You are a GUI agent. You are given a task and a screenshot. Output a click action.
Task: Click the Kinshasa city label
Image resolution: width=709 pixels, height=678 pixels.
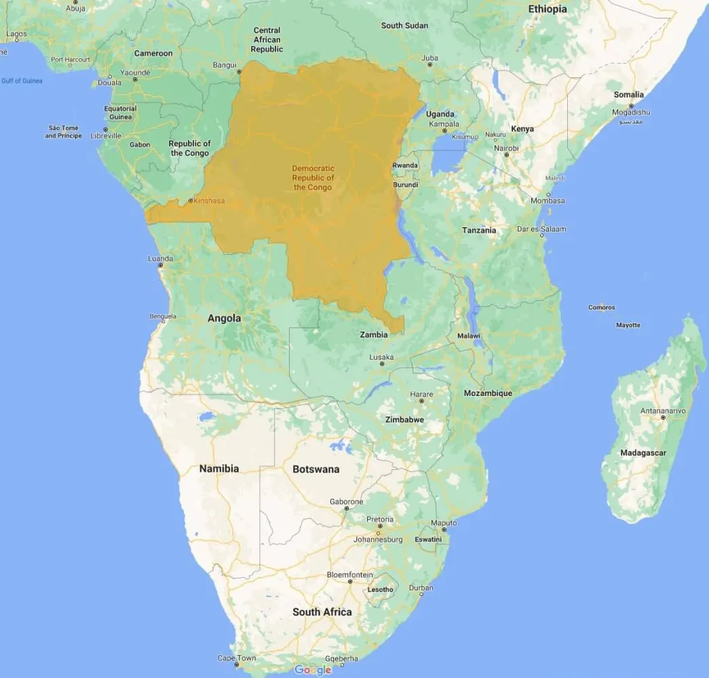coord(209,201)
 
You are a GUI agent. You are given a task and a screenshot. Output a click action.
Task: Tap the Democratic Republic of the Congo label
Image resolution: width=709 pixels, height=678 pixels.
coord(313,178)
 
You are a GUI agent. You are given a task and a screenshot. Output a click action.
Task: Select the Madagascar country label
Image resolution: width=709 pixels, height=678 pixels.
coord(643,453)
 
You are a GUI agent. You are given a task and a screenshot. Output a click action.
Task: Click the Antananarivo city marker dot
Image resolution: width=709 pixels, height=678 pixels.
coord(663,418)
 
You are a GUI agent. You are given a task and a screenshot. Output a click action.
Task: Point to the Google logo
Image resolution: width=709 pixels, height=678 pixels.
coord(313,670)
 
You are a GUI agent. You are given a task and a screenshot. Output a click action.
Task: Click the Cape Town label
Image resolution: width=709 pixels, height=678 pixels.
coord(237,658)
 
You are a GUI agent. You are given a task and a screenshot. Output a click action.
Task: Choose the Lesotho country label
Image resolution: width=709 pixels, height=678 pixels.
coord(380,589)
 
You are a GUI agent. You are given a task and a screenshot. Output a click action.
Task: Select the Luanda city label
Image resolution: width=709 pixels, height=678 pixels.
coord(160,258)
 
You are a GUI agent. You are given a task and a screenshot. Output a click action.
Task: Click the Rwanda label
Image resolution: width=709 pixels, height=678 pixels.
coord(405,165)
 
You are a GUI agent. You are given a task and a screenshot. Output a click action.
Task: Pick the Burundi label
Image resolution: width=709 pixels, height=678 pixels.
coord(405,184)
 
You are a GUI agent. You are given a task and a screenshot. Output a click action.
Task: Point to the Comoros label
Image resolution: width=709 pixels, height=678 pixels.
coord(601,307)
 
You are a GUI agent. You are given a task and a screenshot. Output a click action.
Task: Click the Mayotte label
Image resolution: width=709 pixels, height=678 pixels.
coord(628,325)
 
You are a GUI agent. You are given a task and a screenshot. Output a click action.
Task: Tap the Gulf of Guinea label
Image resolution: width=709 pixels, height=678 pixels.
coord(22,81)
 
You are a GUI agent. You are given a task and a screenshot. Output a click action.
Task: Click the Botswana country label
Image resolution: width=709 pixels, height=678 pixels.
coord(315,469)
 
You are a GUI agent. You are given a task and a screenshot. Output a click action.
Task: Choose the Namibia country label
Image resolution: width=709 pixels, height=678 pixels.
coord(218,468)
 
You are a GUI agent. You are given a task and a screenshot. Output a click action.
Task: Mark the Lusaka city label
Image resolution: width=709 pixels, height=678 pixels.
coord(381,357)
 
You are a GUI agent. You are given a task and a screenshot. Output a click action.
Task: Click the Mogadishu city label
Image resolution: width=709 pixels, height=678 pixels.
coord(631,112)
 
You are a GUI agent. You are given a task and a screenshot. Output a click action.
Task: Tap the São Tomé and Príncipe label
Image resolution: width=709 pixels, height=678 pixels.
coord(63,132)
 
